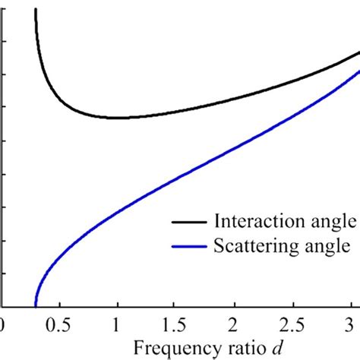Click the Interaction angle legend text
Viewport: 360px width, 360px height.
click(286, 222)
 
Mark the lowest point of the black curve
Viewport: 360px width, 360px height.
click(117, 118)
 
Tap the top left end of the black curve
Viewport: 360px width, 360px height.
click(36, 9)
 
